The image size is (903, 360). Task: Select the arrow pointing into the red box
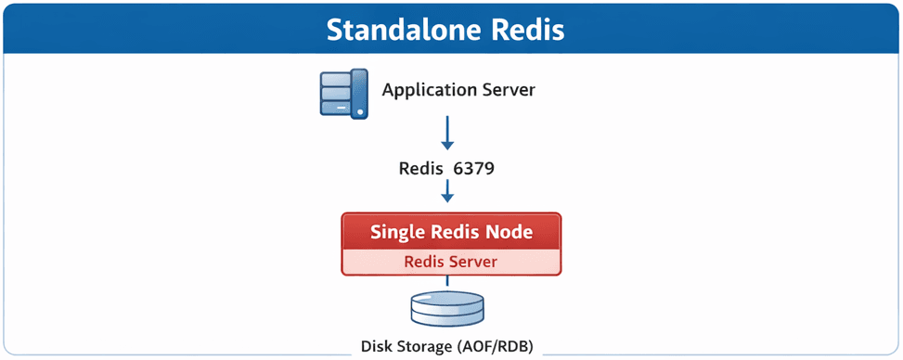tap(448, 192)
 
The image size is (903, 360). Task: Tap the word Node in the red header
tap(508, 232)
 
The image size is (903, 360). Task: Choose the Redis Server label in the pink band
tap(450, 262)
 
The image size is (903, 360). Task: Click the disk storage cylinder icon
tap(447, 308)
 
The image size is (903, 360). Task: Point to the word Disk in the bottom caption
tap(378, 347)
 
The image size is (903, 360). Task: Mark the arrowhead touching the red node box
tap(448, 199)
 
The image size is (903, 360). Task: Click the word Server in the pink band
tap(471, 262)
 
